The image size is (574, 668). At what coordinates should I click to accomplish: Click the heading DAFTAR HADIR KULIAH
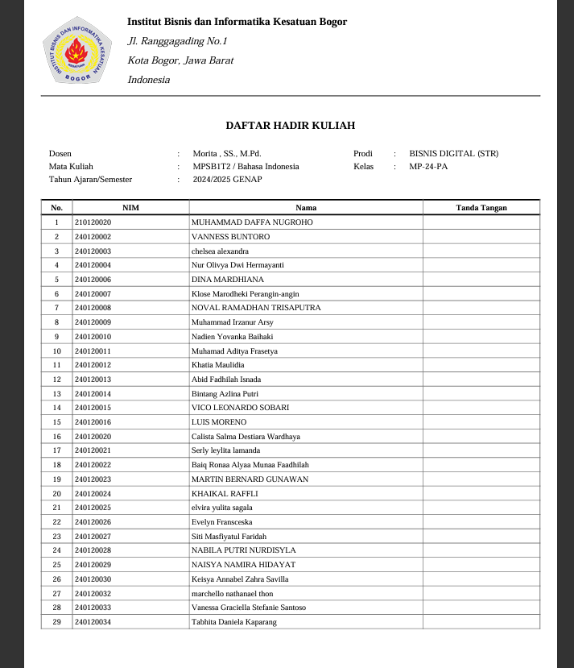point(290,126)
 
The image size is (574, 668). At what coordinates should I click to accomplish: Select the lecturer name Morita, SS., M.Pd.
point(227,153)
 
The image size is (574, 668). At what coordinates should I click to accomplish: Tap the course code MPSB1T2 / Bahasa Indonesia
point(246,167)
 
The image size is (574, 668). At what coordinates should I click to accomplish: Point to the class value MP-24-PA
point(428,167)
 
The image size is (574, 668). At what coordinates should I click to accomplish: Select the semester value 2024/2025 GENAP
point(227,180)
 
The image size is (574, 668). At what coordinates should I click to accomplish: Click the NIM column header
point(130,208)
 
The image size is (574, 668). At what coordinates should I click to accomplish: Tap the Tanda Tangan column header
point(481,208)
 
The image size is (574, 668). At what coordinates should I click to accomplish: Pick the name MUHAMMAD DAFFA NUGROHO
point(252,222)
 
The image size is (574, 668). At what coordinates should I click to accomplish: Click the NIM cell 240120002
point(93,237)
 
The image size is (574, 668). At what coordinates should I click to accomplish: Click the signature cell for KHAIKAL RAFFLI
point(481,493)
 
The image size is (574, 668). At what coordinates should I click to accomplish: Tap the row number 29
point(56,622)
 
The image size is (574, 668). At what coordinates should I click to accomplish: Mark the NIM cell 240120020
point(93,437)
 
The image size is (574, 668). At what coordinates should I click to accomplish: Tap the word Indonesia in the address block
point(149,80)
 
